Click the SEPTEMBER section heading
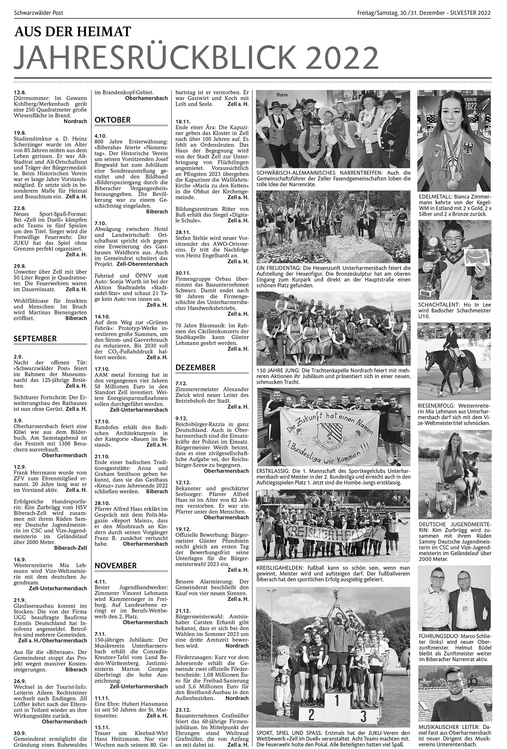[x=35, y=339]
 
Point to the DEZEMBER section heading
[x=196, y=368]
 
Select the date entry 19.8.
[x=20, y=133]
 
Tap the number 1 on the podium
[x=337, y=700]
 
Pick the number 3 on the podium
[x=363, y=714]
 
